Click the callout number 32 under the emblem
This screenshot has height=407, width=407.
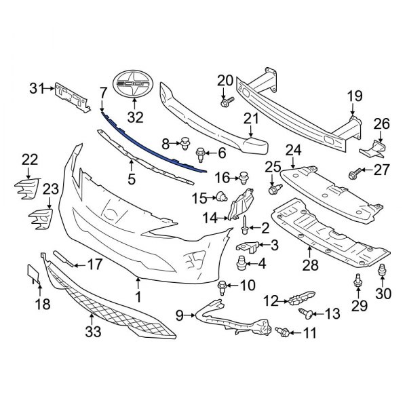coord(136,117)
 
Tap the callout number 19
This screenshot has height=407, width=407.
coord(355,97)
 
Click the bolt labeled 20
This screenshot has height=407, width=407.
coord(227,102)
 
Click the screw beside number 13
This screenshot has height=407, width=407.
coord(306,311)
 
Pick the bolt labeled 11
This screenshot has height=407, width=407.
coord(284,331)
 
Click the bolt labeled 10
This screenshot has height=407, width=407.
coord(222,288)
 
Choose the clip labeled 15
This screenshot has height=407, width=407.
coord(221,198)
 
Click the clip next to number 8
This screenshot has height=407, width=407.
coord(184,143)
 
